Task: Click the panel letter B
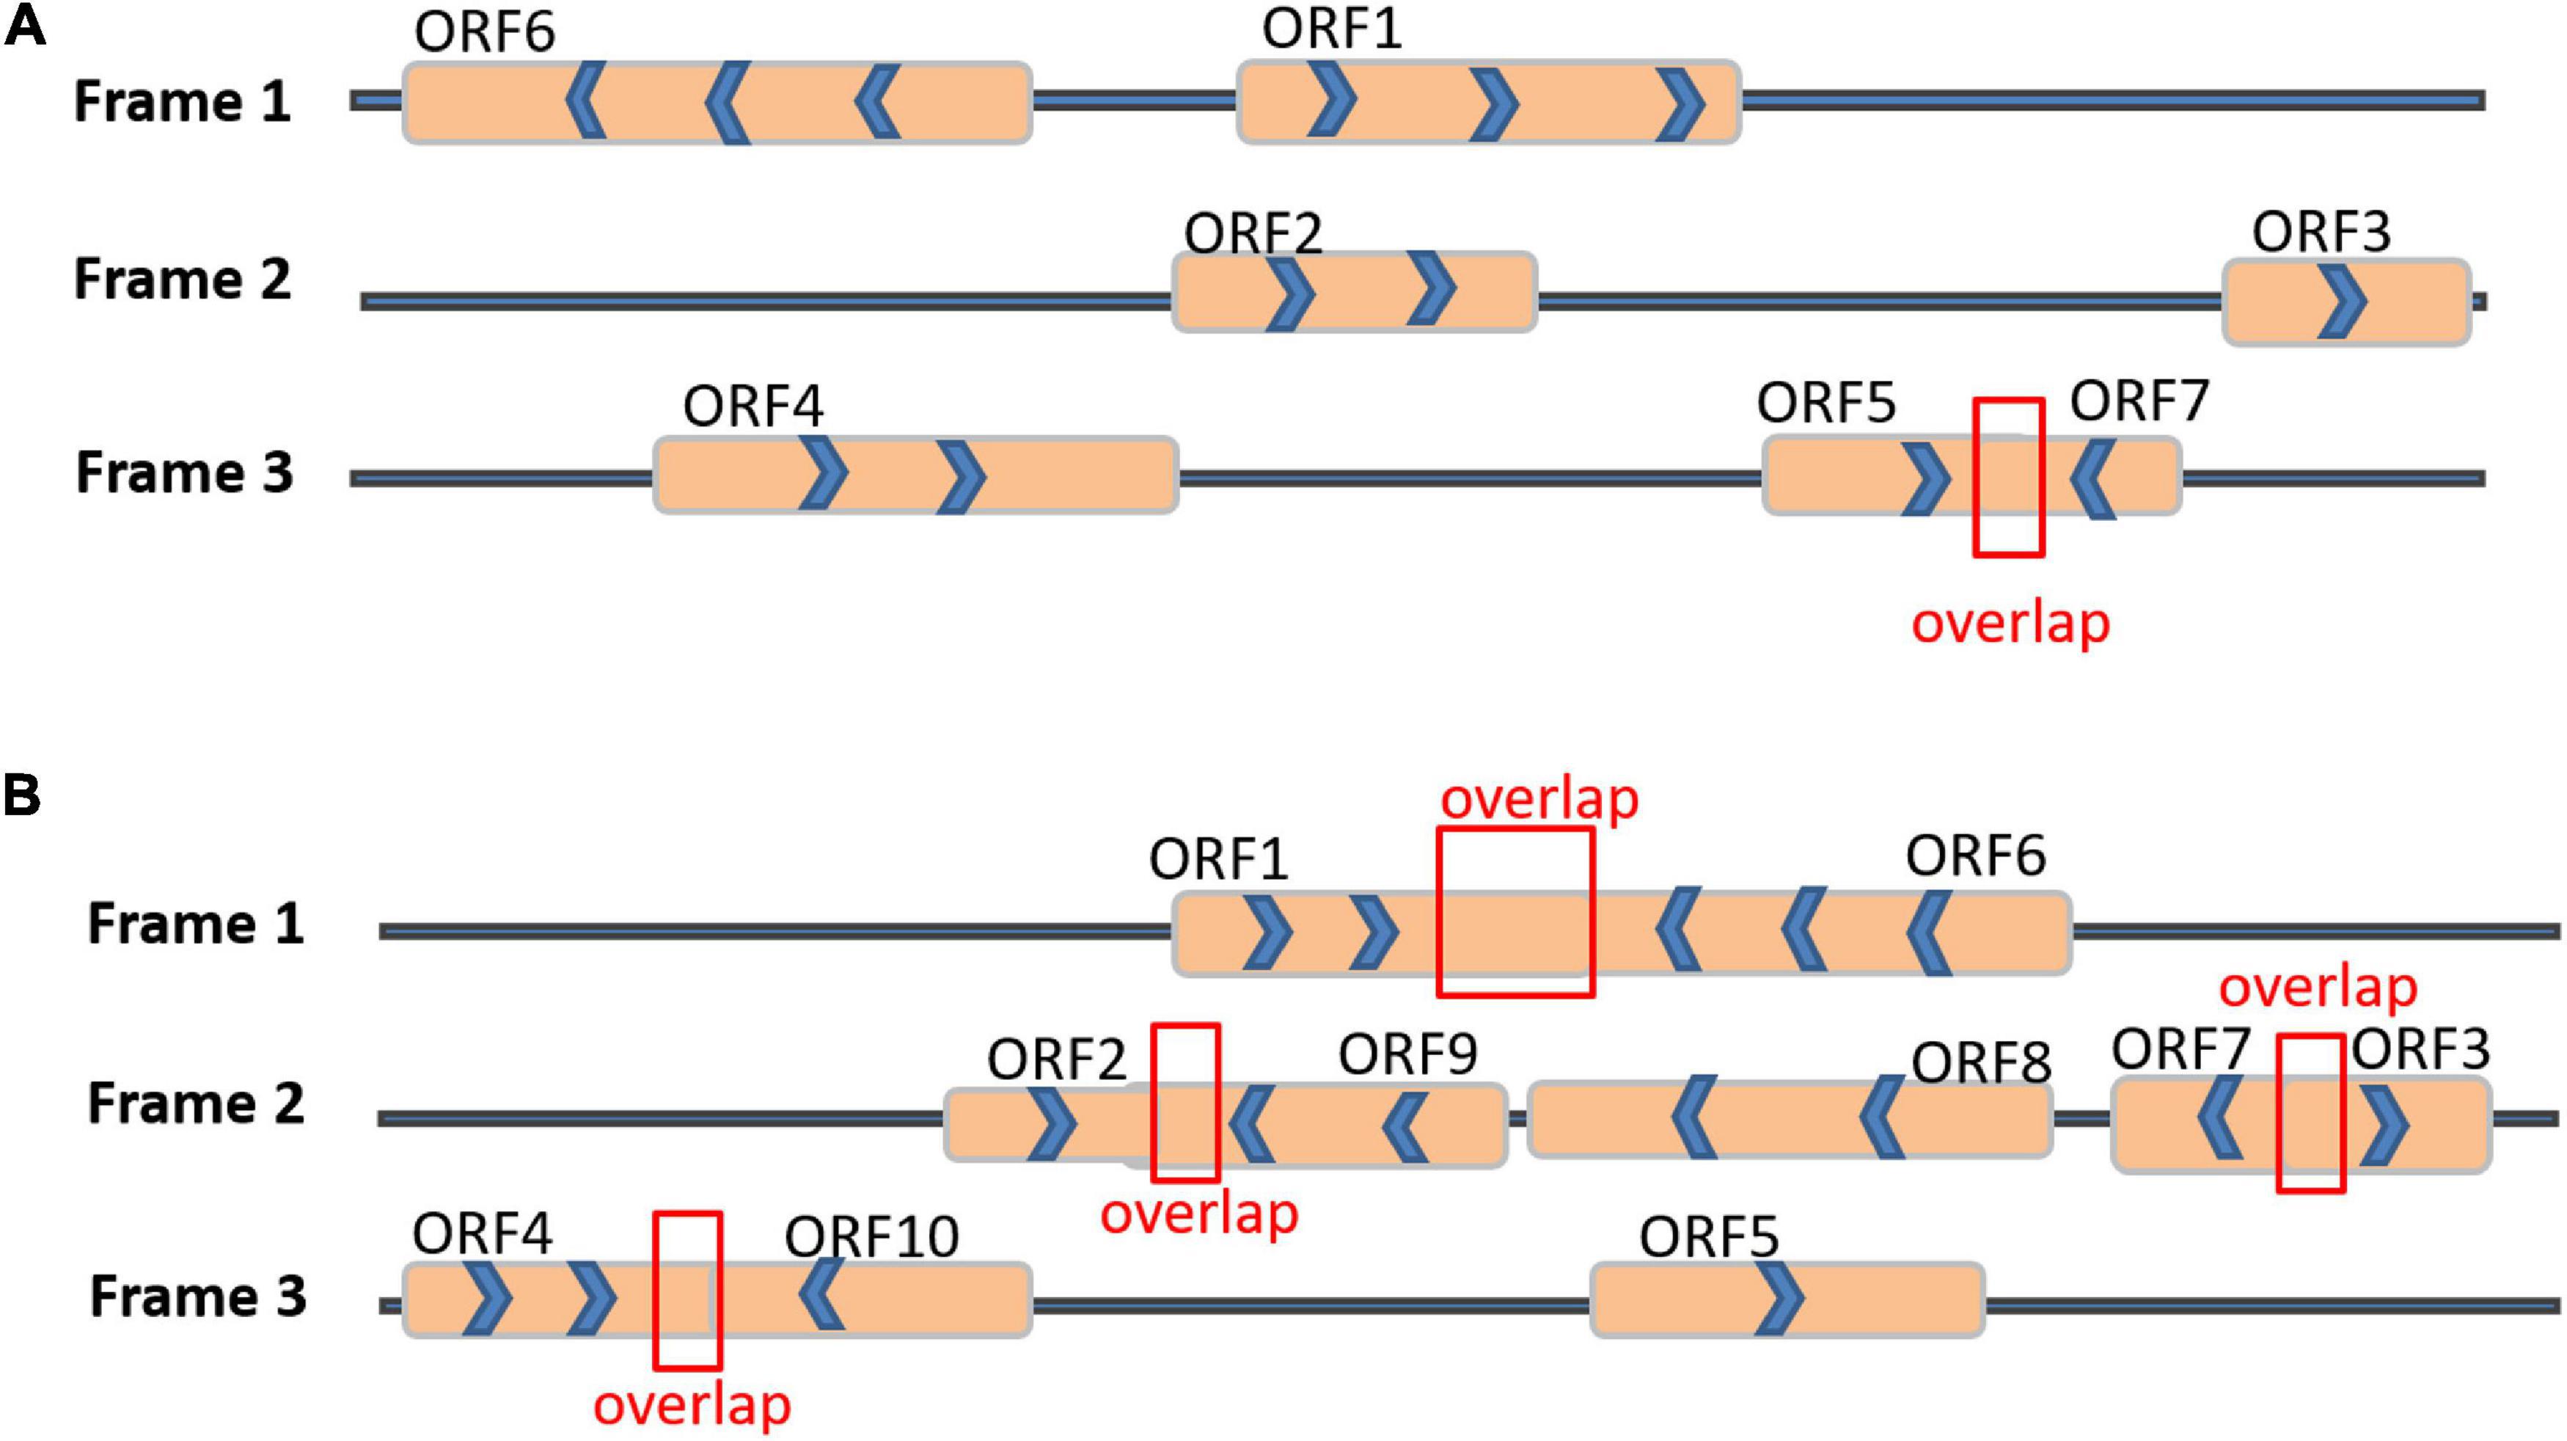tap(22, 795)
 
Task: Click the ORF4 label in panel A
tap(752, 406)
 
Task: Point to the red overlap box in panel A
tap(2008, 476)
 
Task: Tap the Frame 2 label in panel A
tap(183, 279)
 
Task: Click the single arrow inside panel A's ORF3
tap(2341, 301)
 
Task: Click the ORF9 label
tap(1407, 1054)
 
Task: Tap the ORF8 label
tap(1980, 1062)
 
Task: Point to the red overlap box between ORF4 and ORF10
tap(688, 1290)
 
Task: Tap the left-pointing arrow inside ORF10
tap(823, 1293)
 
